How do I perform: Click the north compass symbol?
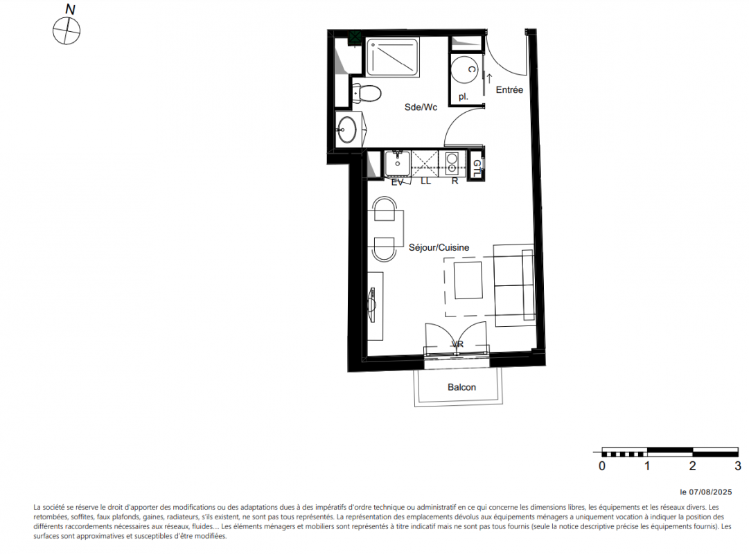pos(67,31)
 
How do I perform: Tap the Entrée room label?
pos(509,90)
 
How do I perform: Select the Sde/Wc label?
pos(421,107)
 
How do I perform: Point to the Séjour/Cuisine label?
pos(439,247)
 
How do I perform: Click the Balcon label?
pos(461,387)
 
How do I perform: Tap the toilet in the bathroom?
pos(367,93)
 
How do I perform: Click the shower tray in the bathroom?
pos(393,57)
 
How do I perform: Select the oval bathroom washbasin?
pos(346,129)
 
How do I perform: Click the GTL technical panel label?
pos(477,168)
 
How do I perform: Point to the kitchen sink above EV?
pos(398,164)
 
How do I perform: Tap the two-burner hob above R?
pos(452,163)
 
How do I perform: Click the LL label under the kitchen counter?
pos(425,181)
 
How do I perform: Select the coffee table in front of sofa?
pos(468,280)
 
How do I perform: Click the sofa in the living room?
pos(514,285)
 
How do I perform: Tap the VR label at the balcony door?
pos(457,344)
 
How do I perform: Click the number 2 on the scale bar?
pos(693,465)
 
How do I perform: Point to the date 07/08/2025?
pos(710,492)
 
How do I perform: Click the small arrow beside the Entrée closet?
pos(489,79)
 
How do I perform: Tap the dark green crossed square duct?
pos(355,37)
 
